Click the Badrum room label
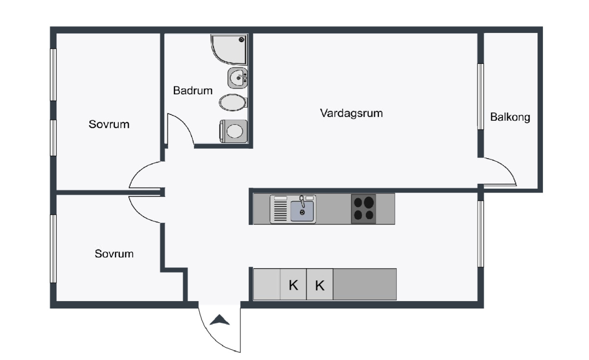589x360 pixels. pos(193,90)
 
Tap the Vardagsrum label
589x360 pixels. pos(351,113)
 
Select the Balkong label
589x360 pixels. pos(510,117)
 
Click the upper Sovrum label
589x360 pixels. pos(109,124)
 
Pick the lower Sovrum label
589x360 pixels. pos(114,254)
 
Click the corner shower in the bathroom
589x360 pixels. pos(229,50)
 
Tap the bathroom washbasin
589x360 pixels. pos(238,78)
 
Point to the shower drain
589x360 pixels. pos(241,40)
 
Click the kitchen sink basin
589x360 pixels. pos(302,211)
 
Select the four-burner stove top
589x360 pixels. pos(363,209)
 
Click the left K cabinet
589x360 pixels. pos(293,284)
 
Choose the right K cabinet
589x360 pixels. pos(320,284)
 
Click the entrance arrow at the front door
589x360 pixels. pos(219,320)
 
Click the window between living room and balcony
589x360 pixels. pos(481,96)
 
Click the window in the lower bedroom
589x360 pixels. pos(53,249)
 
